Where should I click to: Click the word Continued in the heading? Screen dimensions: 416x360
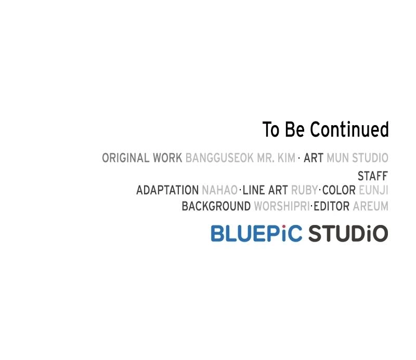[x=349, y=129]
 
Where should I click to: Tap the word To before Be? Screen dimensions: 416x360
[x=271, y=129]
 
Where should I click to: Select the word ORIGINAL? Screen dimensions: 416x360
[x=126, y=158]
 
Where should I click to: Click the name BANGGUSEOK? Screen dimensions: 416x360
[x=219, y=158]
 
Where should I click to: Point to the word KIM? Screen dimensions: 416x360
[x=287, y=158]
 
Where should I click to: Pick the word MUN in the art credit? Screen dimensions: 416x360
[x=337, y=158]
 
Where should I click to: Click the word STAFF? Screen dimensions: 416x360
[x=373, y=176]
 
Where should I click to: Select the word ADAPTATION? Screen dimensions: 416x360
[x=167, y=190]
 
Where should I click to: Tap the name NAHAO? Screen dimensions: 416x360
[x=219, y=190]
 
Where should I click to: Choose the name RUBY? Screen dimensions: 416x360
[x=304, y=190]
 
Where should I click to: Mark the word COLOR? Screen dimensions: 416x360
[x=339, y=190]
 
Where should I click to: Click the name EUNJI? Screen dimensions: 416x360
[x=373, y=190]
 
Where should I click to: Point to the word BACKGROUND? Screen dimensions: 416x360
[x=216, y=206]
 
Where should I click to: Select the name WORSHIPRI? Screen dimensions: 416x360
[x=282, y=206]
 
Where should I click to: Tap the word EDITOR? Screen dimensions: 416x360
[x=332, y=206]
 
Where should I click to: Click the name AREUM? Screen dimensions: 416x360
[x=371, y=206]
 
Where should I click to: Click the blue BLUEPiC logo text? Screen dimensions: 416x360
[x=256, y=233]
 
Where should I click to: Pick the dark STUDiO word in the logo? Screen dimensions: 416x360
[x=348, y=233]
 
